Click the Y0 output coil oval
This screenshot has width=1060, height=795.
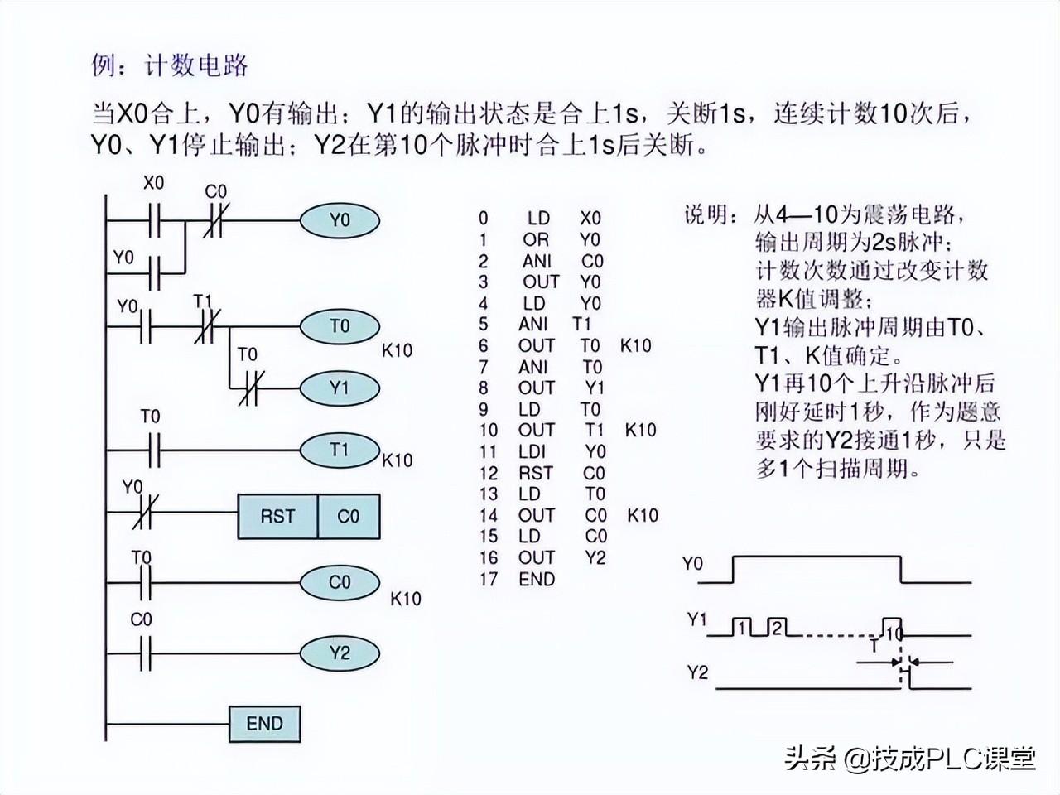click(340, 220)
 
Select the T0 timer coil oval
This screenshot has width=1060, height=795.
click(340, 326)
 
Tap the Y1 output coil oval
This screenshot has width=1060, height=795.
click(340, 388)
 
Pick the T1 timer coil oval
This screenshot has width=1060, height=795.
click(340, 450)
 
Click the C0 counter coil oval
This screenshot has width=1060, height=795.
click(340, 582)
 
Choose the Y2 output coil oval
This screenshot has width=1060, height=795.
click(340, 653)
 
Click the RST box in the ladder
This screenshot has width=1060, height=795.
click(277, 517)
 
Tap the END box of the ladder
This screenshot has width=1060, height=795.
click(264, 724)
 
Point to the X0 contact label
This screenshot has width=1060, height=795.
click(153, 183)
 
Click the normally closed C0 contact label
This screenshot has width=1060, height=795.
click(215, 192)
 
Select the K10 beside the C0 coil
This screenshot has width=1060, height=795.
click(406, 599)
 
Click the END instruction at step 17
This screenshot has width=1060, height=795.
click(537, 579)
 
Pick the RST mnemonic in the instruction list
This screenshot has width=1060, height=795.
click(535, 474)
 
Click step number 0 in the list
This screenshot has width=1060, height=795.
click(483, 219)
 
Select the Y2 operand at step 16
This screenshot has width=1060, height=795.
click(595, 557)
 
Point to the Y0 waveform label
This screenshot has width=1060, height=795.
click(692, 565)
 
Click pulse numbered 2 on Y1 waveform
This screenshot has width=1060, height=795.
click(776, 627)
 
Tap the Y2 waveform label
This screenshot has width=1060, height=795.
click(697, 672)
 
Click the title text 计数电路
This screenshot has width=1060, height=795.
click(196, 66)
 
